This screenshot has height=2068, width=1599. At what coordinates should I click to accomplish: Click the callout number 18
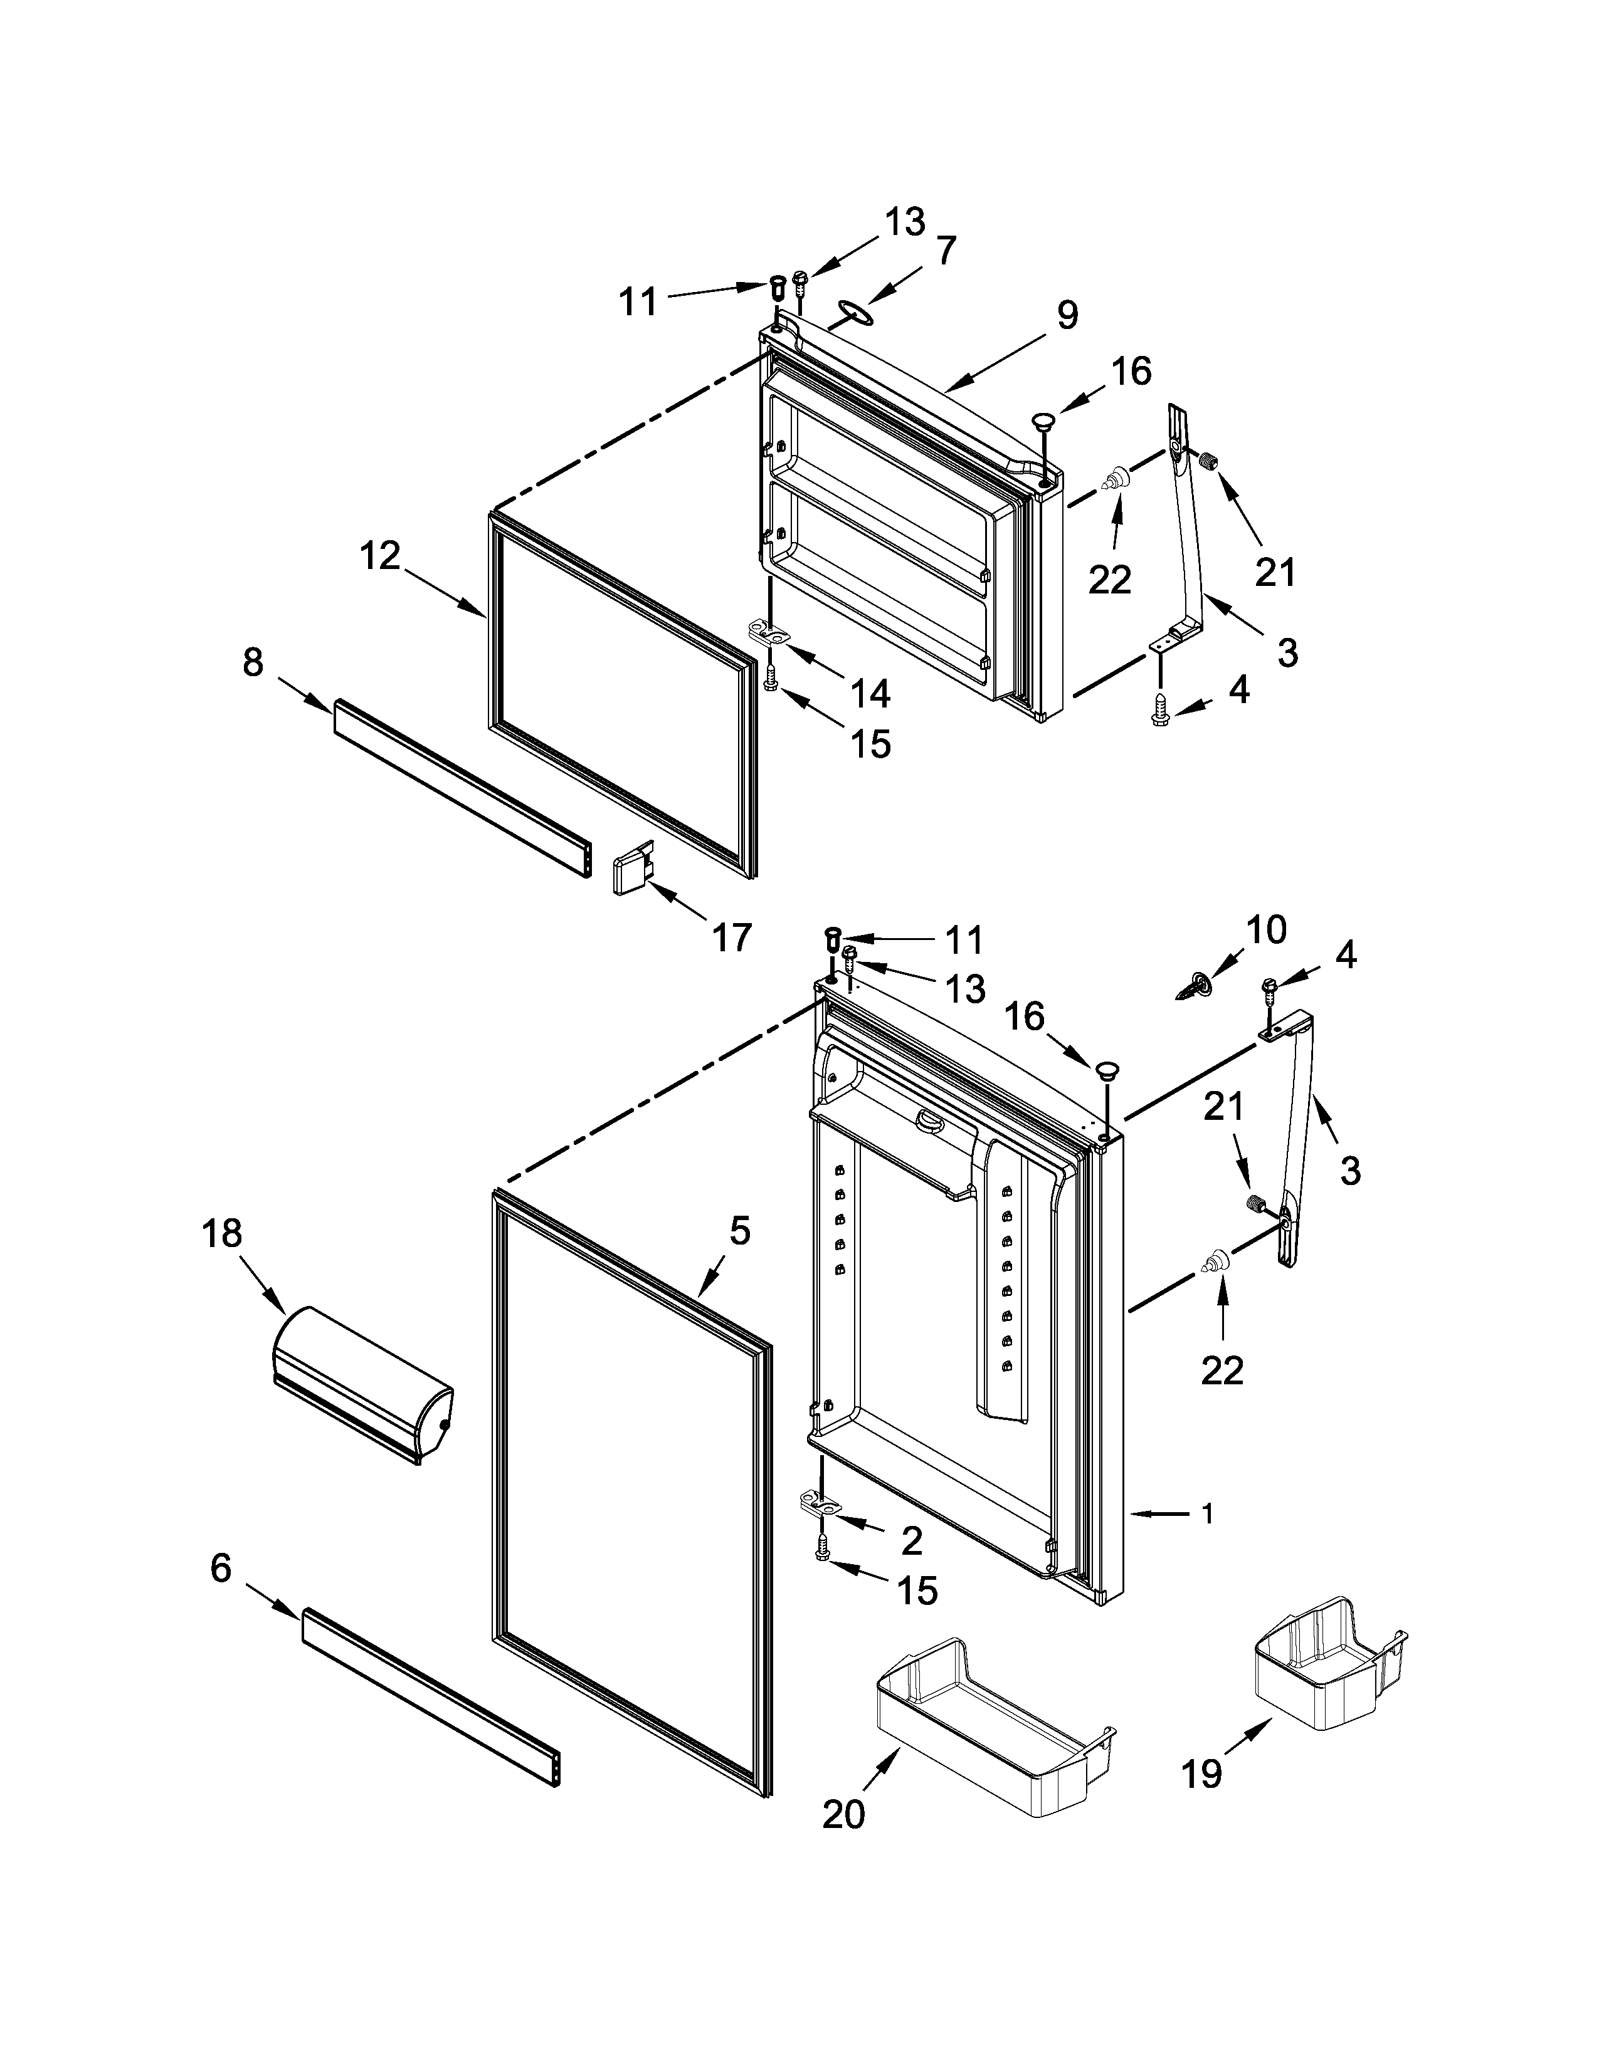click(221, 1234)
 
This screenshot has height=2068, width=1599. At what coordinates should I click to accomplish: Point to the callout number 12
click(380, 556)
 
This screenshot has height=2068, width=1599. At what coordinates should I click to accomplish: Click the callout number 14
click(870, 695)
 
